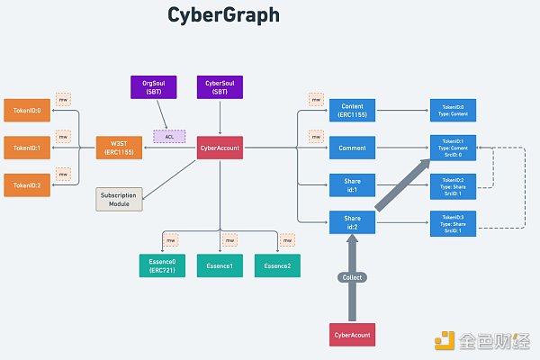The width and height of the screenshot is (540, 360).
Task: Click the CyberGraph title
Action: click(224, 16)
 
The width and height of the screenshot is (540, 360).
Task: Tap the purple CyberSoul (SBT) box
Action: click(219, 87)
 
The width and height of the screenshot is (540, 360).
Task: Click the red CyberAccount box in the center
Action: click(220, 147)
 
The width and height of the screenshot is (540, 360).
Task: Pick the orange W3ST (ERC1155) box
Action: click(119, 147)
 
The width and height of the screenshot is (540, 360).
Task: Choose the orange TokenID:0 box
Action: click(26, 110)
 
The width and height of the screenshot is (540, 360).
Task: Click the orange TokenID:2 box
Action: click(26, 185)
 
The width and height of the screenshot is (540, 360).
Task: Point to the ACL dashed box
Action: click(169, 137)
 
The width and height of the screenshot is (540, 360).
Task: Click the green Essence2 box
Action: click(276, 265)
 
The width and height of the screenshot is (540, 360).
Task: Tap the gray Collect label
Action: click(353, 278)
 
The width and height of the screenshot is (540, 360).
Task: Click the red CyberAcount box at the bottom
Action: click(353, 335)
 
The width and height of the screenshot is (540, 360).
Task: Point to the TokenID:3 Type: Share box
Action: click(453, 221)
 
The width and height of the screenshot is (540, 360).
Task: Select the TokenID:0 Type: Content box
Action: click(453, 110)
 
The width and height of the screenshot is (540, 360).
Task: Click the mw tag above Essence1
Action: click(230, 240)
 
